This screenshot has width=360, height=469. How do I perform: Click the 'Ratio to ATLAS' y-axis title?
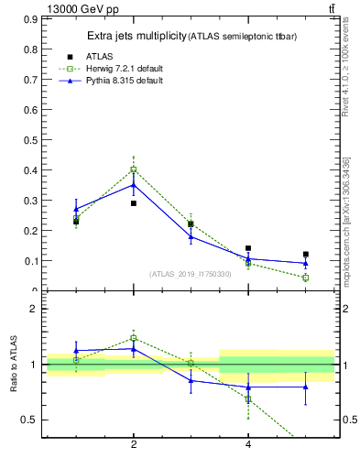point(14,365)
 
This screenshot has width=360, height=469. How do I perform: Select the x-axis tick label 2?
point(134,445)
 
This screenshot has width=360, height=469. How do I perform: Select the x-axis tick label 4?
point(248,445)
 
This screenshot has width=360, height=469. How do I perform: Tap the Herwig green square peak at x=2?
point(134,169)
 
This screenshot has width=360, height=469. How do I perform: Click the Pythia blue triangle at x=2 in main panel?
point(134,184)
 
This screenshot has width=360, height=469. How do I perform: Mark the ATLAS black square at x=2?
point(134,203)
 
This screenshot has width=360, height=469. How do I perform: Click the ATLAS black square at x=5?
point(306,255)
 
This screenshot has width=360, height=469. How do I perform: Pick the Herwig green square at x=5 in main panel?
point(306,278)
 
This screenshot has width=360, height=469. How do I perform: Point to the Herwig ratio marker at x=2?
point(134,338)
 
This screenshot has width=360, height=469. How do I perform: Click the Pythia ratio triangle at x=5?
point(306,387)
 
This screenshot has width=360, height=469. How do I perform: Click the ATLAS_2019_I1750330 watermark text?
point(191,274)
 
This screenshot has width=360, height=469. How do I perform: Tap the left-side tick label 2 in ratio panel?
point(33,309)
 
